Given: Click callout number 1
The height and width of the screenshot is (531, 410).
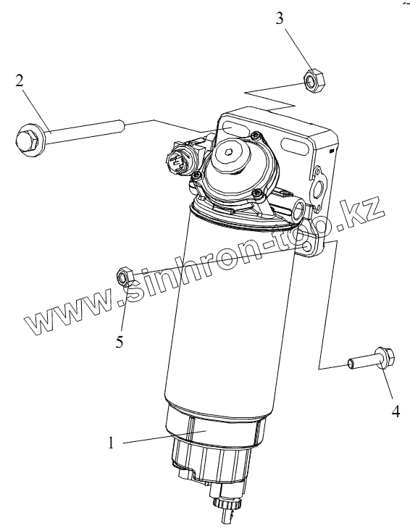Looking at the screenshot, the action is pos(111,443).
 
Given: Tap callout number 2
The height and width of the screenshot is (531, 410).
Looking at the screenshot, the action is pos(20,80).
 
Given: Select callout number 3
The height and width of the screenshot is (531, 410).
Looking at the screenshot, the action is pos(280,18).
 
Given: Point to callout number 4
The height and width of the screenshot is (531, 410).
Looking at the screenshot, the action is pos(396,411).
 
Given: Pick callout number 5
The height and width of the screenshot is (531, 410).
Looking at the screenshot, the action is pos(120,342).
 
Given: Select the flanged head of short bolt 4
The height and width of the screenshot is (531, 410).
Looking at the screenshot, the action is pos(385,357).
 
